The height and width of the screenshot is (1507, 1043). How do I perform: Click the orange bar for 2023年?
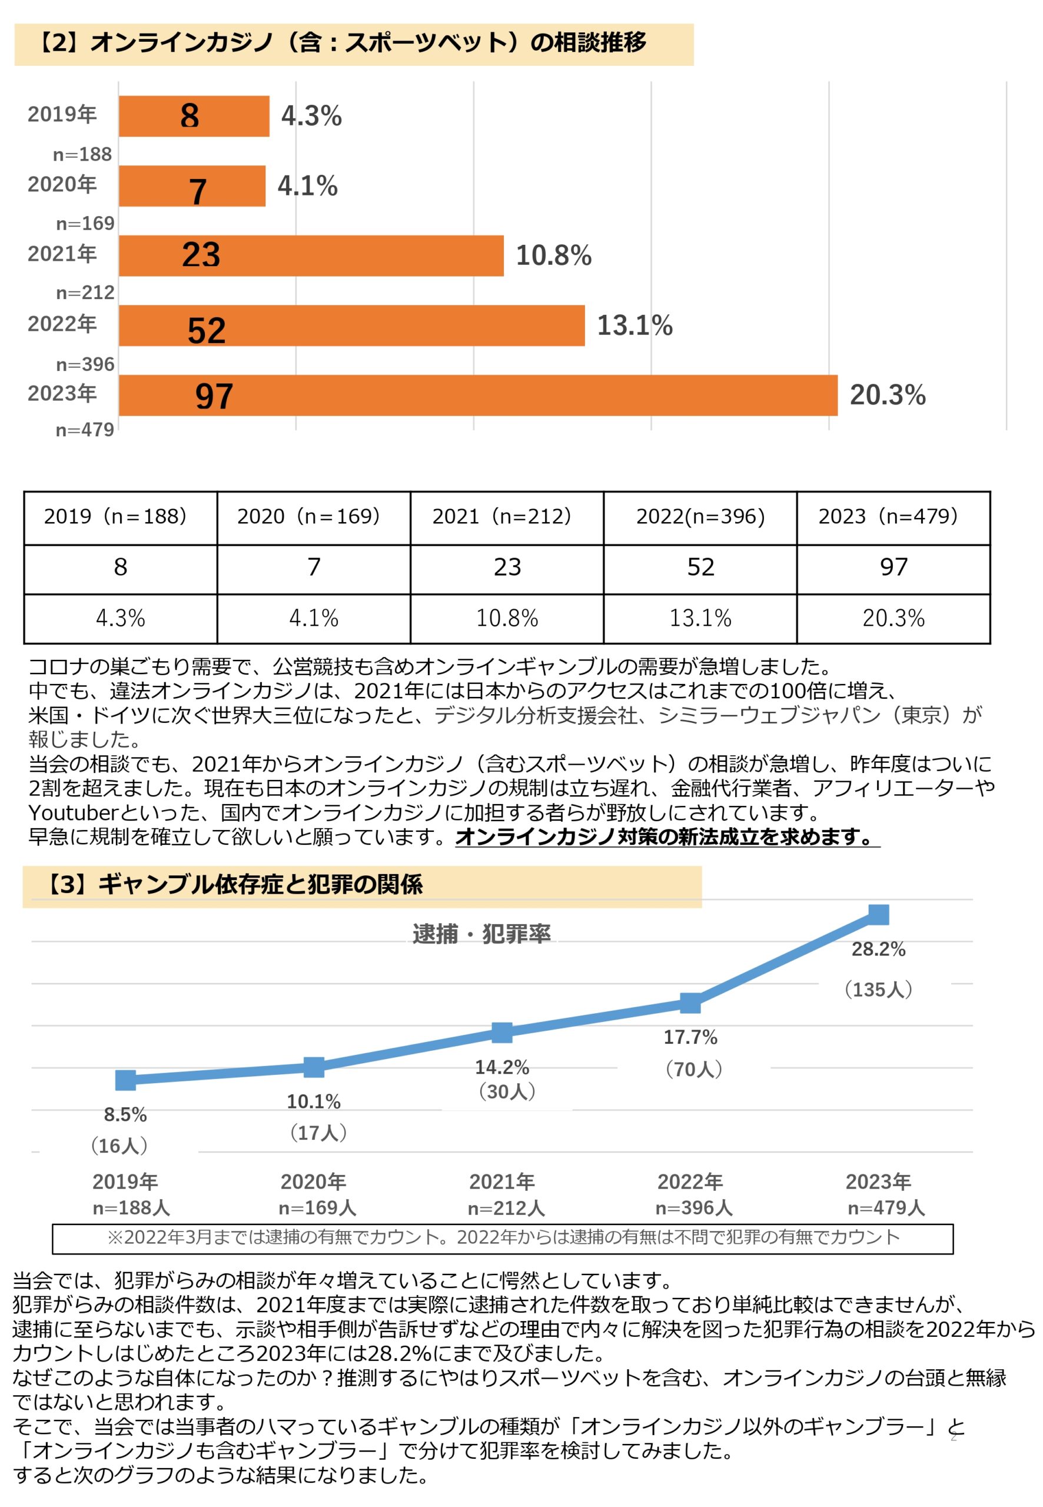click(477, 395)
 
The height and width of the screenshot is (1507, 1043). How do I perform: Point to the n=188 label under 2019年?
click(82, 154)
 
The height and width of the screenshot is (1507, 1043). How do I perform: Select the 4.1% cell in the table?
click(314, 618)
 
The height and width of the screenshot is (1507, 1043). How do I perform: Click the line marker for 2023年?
click(878, 914)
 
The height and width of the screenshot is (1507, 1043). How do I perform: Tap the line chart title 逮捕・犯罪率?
click(481, 934)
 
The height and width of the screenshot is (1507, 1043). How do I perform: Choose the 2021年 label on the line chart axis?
click(502, 1181)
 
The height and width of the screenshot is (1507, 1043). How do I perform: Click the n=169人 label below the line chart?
click(318, 1208)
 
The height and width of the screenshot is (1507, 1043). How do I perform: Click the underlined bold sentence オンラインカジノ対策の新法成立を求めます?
click(666, 837)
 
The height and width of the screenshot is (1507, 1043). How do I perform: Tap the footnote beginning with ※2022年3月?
click(503, 1237)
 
